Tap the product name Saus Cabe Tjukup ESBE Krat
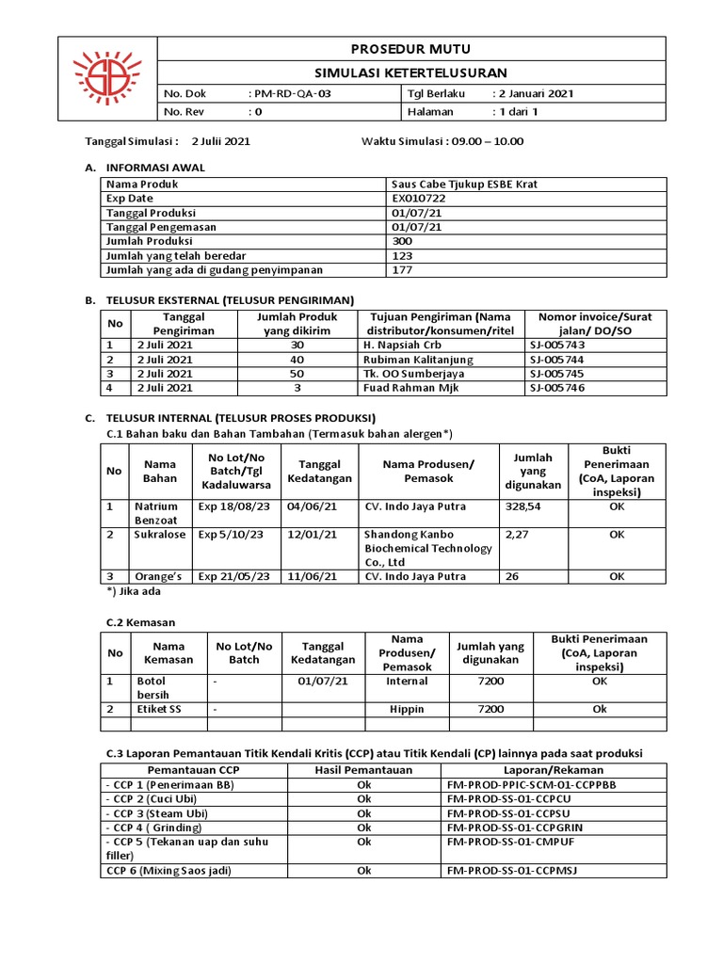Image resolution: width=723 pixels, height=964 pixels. coord(465,185)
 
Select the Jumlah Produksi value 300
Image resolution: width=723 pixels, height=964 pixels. coord(403,241)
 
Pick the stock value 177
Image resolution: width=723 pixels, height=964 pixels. coord(403,269)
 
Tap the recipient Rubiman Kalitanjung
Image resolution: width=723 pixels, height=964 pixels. coord(418,360)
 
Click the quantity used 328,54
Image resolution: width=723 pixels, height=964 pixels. coord(524,506)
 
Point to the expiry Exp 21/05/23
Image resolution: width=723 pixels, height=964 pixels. coord(233,576)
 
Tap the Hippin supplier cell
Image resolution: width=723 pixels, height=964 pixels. coord(407,709)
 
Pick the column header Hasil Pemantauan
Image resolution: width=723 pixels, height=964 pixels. coord(363,770)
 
